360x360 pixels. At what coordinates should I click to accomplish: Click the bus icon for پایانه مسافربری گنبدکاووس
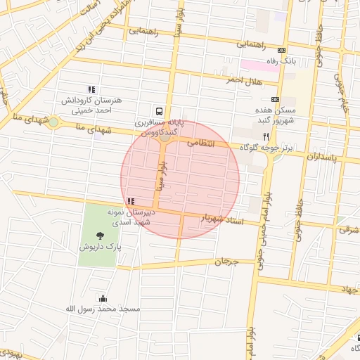click(x=160, y=110)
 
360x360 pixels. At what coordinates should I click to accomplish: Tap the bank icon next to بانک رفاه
click(x=282, y=51)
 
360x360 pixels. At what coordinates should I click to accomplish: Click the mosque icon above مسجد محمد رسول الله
click(x=103, y=298)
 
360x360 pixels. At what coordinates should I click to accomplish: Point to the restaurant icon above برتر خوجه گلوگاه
click(x=265, y=136)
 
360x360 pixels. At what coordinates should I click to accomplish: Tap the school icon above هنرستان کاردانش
click(x=91, y=89)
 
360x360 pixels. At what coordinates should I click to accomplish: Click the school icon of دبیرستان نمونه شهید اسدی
click(x=131, y=201)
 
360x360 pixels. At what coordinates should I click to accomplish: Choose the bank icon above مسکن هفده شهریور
click(x=274, y=100)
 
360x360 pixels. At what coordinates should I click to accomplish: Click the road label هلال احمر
click(x=240, y=80)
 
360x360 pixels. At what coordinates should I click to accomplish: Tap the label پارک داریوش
click(x=100, y=248)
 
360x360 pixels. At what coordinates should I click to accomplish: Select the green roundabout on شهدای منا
click(x=53, y=122)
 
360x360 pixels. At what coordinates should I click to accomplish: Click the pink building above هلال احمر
click(x=259, y=65)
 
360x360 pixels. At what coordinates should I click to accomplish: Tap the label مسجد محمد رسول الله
click(x=103, y=309)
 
